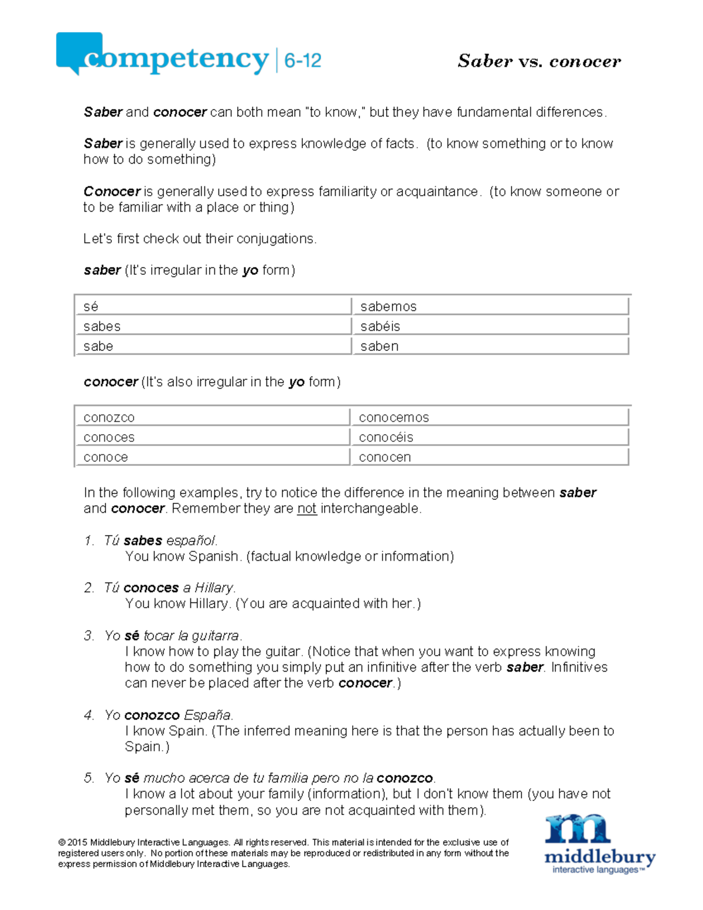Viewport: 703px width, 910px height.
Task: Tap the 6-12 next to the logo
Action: click(x=302, y=60)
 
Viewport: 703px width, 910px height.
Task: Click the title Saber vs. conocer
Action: click(x=539, y=61)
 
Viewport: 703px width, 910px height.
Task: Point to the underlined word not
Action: click(x=307, y=509)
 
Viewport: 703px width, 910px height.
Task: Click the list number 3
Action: click(x=88, y=636)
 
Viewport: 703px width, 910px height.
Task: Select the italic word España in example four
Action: click(x=208, y=715)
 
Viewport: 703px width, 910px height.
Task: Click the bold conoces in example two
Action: click(x=151, y=588)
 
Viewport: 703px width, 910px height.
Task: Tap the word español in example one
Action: click(x=192, y=540)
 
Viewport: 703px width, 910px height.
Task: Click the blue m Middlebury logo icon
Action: click(x=577, y=829)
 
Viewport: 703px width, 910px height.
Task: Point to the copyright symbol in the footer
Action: click(x=62, y=843)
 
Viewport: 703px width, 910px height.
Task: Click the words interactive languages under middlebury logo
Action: click(x=598, y=870)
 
